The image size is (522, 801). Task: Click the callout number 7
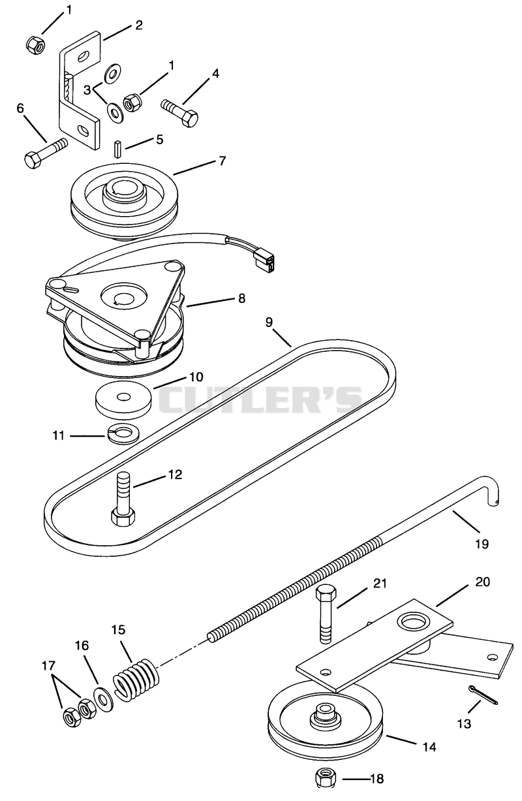tap(222, 161)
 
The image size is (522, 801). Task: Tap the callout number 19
tap(482, 544)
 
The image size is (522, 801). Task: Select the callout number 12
tap(175, 474)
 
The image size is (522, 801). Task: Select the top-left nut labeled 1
tap(36, 44)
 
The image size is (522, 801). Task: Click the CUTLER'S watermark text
tap(260, 400)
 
